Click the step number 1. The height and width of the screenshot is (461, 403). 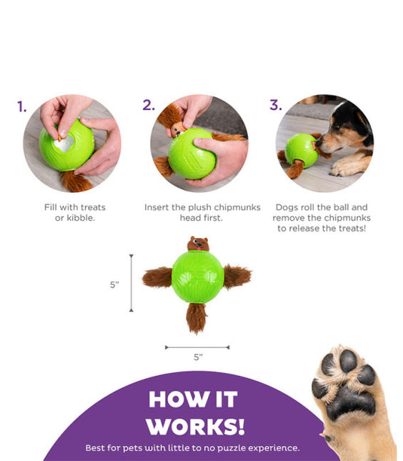(22, 107)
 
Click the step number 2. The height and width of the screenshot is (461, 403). (148, 105)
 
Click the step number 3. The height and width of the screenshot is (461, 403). (276, 105)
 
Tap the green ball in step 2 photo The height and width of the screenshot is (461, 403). (191, 154)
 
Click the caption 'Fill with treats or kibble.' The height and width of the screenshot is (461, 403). (75, 212)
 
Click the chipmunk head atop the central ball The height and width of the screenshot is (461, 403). (198, 244)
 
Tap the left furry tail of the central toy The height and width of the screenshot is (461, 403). (156, 277)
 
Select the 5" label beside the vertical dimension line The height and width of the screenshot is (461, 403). (114, 284)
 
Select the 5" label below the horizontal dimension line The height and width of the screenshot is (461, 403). (197, 357)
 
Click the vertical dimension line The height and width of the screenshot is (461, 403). (131, 283)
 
